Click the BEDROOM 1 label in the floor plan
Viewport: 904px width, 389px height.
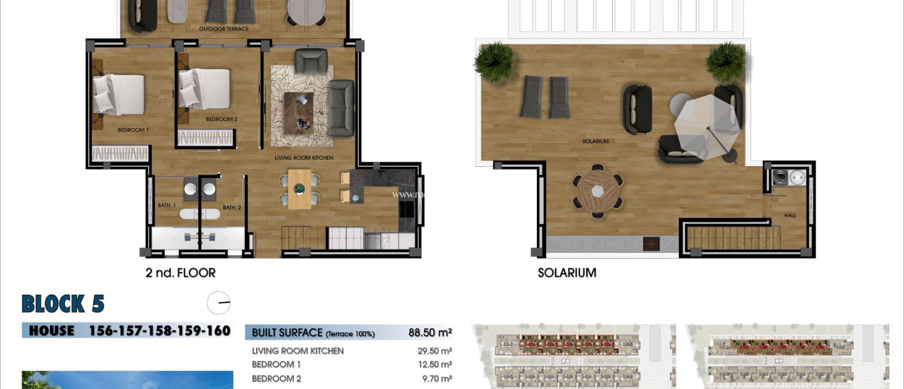coord(133,130)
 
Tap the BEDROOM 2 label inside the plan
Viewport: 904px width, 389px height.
coord(221,119)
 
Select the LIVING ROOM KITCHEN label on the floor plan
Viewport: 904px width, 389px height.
coord(304,158)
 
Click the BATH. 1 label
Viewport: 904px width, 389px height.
coord(166,205)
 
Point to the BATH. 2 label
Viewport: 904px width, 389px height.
coord(232,207)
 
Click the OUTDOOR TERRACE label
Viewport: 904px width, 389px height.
coord(223,29)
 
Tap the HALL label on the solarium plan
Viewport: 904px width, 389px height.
coord(790,215)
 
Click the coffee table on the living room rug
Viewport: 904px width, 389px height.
coord(298,113)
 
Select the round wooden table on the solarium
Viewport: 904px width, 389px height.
coord(597,191)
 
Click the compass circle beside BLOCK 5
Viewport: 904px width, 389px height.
coord(218,303)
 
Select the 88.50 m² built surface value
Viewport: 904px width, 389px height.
coord(429,332)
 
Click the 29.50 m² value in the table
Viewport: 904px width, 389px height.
coord(434,351)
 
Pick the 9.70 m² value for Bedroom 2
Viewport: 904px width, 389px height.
coord(437,379)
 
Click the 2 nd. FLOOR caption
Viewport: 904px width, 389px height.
coord(181,273)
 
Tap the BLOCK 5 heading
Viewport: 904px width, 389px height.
coord(63,304)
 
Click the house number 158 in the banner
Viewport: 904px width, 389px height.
coord(160,331)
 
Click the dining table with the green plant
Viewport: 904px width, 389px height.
coord(300,189)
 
